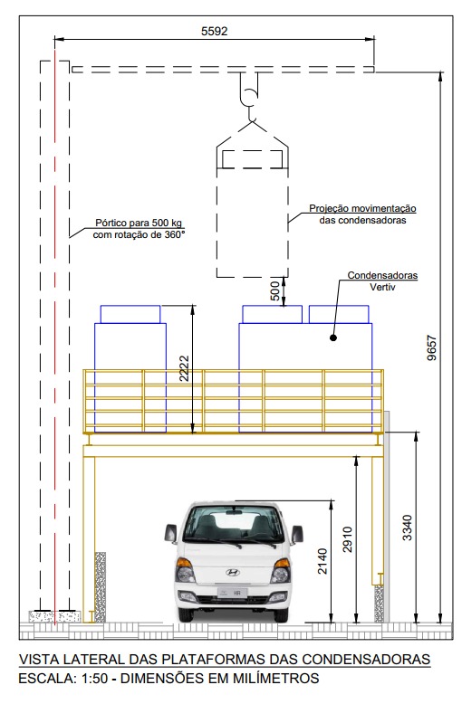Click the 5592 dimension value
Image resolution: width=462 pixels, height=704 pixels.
(x=214, y=31)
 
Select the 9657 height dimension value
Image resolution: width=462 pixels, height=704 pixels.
(x=431, y=347)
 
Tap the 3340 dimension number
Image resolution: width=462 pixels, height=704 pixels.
(x=407, y=528)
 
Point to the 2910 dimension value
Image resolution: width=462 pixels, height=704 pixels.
(x=347, y=539)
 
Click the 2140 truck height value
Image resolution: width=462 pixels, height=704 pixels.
(x=322, y=561)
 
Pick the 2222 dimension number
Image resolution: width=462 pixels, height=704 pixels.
(x=184, y=368)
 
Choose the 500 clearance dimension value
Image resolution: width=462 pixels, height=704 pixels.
(x=275, y=291)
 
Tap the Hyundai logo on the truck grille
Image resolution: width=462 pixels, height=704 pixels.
(x=232, y=573)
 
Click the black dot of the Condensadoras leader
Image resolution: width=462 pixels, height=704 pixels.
(x=333, y=338)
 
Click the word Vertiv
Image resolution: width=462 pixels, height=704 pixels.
(x=382, y=287)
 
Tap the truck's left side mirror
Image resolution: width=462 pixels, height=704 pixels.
(x=171, y=533)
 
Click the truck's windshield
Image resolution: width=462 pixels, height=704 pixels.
(x=232, y=523)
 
